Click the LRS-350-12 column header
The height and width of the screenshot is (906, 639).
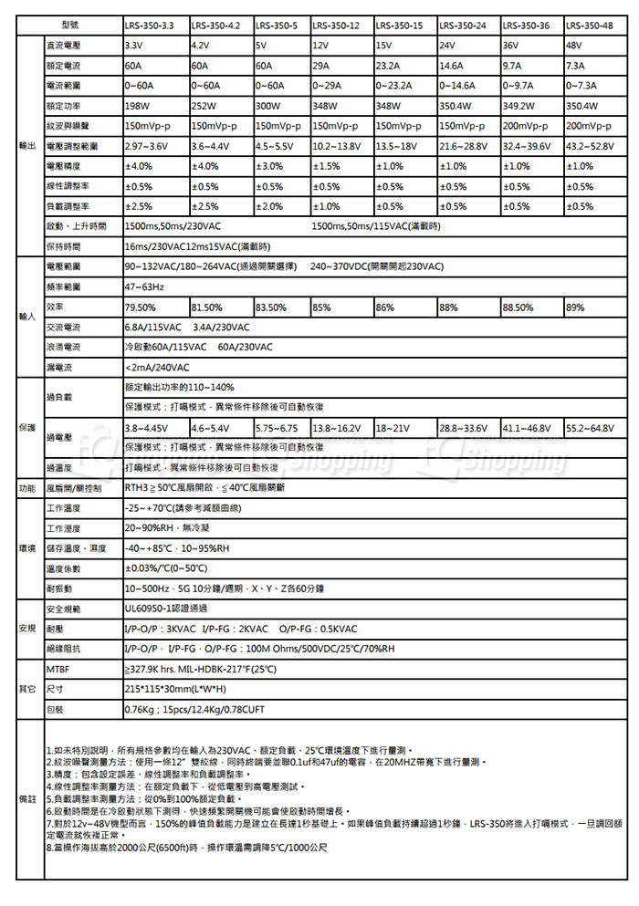coord(335,25)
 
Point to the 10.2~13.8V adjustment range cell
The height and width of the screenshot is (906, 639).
coord(338,145)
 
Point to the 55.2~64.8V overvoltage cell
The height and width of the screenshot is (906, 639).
coord(593,427)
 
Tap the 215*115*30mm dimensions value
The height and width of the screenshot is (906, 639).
coord(174,689)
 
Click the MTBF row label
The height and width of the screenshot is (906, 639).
coord(58,669)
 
